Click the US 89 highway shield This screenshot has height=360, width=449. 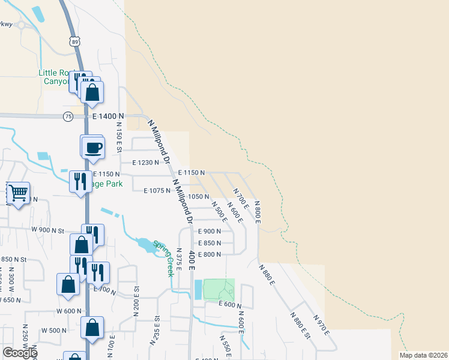click(73, 42)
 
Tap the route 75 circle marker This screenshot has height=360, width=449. click(68, 116)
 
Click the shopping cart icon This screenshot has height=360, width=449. click(18, 193)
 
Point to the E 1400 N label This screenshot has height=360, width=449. click(108, 116)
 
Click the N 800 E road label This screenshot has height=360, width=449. click(256, 212)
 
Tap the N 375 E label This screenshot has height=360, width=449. click(179, 262)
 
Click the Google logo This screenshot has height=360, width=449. click(20, 353)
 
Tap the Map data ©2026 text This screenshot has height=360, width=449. click(423, 355)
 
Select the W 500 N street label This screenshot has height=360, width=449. click(53, 331)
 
